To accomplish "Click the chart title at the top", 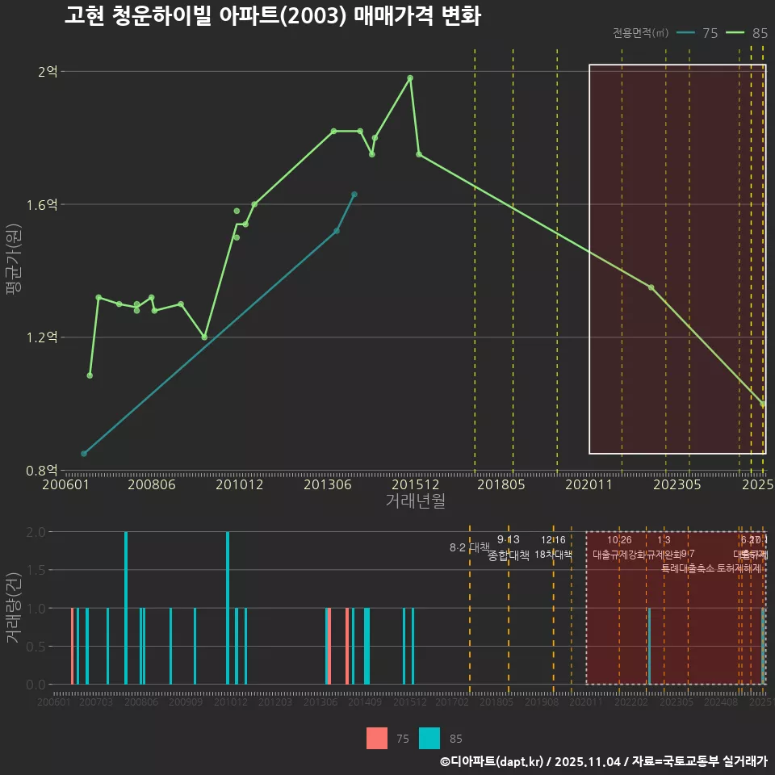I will click(272, 16).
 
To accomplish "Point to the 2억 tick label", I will click(48, 72).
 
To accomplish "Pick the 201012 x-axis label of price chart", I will click(240, 484).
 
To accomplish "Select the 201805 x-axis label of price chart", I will click(502, 484).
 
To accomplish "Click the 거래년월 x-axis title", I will click(415, 501).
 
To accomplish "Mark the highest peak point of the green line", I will click(410, 77).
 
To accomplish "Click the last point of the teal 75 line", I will click(354, 194).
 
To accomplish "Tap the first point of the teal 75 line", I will click(84, 454).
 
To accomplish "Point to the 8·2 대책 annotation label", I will click(470, 547).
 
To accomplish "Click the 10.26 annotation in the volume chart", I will click(619, 540).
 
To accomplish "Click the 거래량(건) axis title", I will click(13, 608).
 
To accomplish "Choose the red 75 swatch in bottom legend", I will click(377, 738).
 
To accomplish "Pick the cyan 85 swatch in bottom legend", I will click(429, 738).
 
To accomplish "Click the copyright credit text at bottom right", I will click(603, 761).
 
